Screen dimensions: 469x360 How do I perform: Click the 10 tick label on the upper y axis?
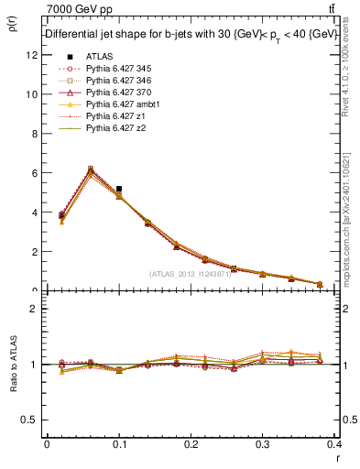(31, 94)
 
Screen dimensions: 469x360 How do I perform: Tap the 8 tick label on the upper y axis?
(34, 134)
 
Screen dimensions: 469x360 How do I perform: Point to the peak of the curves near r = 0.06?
(90, 169)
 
